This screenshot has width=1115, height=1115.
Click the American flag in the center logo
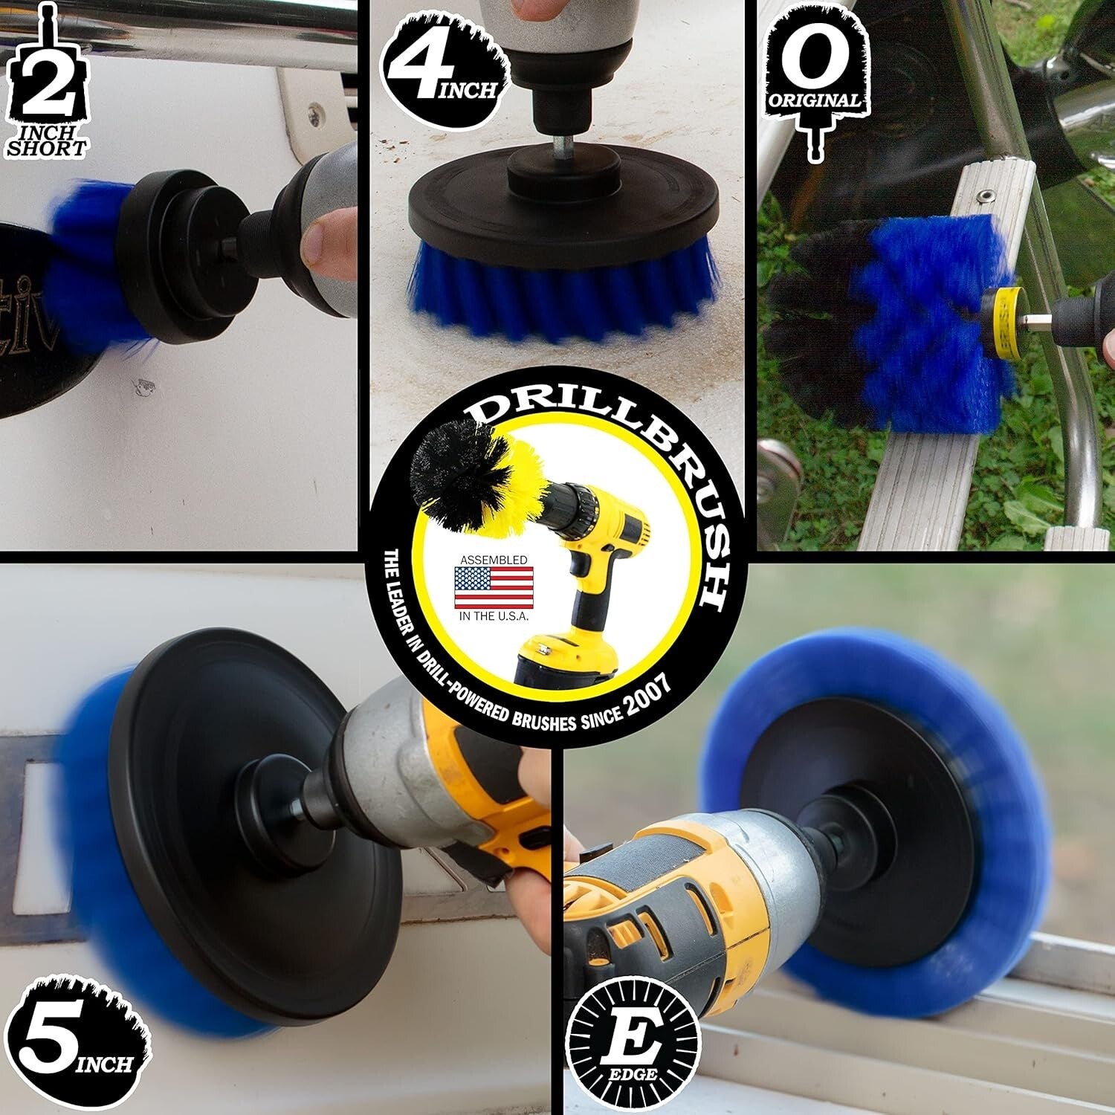click(x=494, y=588)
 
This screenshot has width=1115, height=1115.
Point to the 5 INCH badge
click(x=74, y=1041)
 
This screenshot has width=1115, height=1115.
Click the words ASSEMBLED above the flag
click(x=494, y=559)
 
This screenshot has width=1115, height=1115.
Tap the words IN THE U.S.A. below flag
click(x=494, y=617)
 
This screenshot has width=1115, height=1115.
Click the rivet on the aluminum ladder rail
click(x=986, y=195)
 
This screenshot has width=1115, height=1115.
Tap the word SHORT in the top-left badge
click(x=46, y=147)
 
